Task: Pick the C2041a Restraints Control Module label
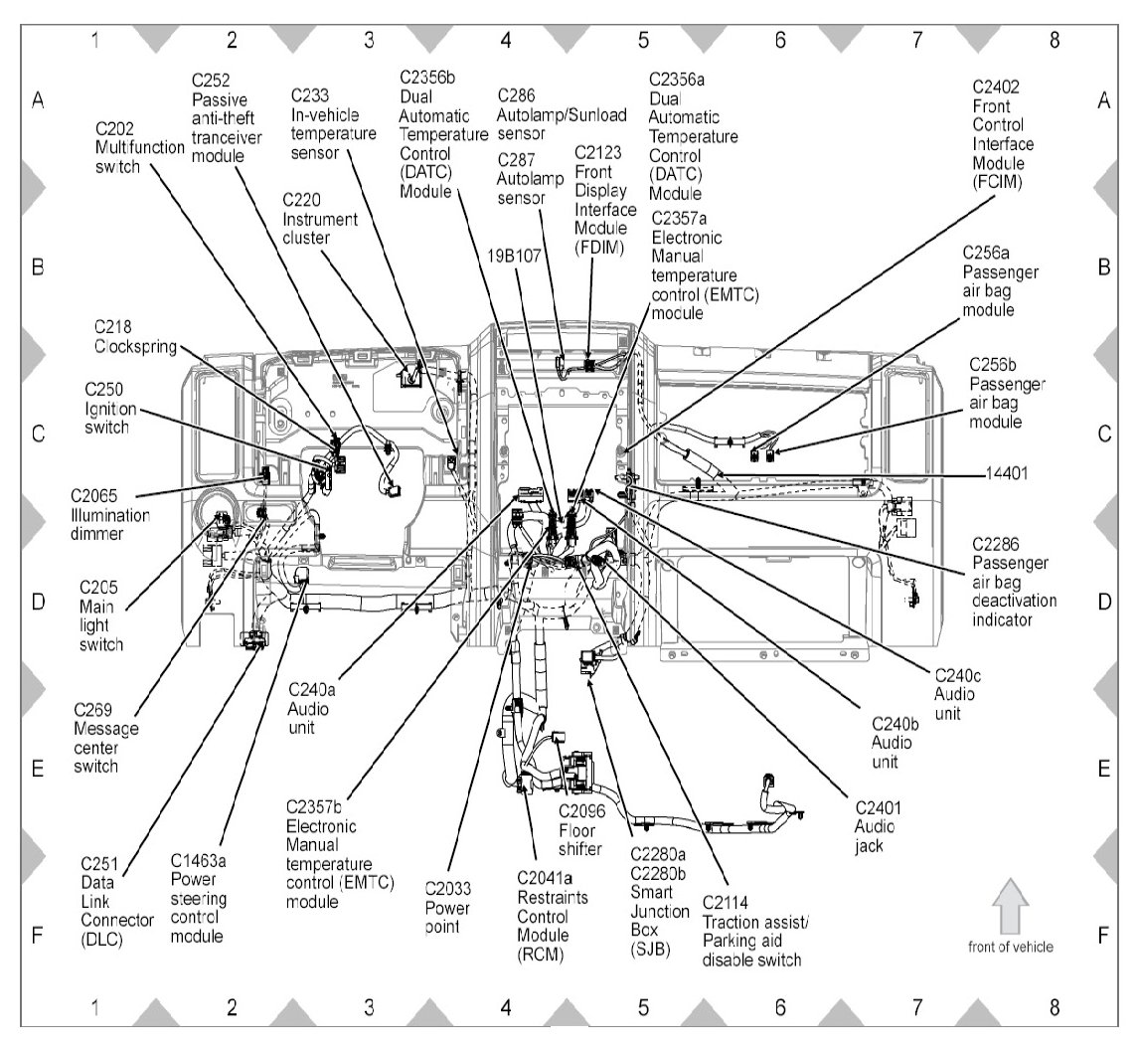click(554, 916)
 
